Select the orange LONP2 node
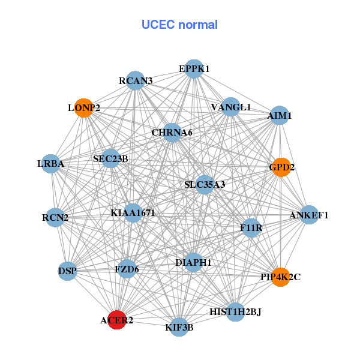pos(83,108)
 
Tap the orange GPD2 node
pos(281,167)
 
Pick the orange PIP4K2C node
pos(280,277)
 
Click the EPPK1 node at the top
pos(193,69)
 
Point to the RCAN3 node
pos(136,80)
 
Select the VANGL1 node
pos(231,107)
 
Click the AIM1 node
pos(279,115)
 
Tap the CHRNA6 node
pos(172,132)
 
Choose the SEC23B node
pos(111,158)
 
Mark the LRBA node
pos(51,163)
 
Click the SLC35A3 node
pos(205,184)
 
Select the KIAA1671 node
pos(133,212)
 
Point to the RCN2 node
pos(55,217)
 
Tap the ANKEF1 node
pos(309,215)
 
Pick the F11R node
pos(251,227)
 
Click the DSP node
pos(68,271)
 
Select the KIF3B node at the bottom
pos(179,327)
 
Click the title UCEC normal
pos(179,25)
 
